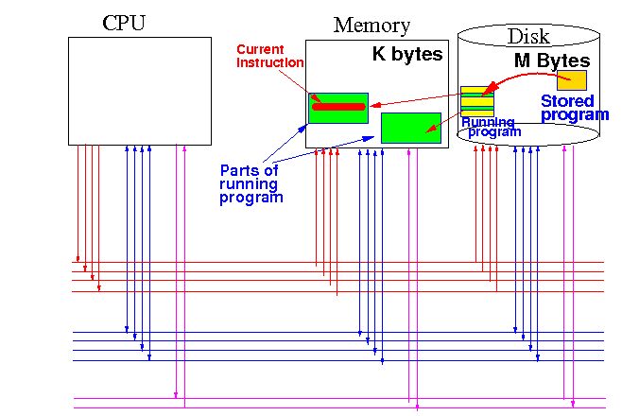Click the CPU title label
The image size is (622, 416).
(x=124, y=23)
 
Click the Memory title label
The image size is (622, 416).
(x=371, y=26)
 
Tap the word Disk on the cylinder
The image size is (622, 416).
(x=528, y=37)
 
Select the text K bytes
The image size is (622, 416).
(x=406, y=55)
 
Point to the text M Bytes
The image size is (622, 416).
(x=551, y=60)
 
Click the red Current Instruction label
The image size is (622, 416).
(x=269, y=56)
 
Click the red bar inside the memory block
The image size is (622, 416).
(x=338, y=106)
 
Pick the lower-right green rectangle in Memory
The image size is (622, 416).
(x=410, y=128)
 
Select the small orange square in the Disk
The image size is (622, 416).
(x=576, y=80)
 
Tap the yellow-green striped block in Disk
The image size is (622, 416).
(x=476, y=101)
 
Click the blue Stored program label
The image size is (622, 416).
(x=573, y=108)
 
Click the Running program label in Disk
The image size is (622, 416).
(x=490, y=127)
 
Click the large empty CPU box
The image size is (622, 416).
(x=140, y=90)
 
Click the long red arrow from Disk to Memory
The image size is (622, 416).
(x=416, y=99)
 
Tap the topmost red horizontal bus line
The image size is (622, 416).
(x=340, y=261)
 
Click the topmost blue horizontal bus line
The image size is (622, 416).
(x=340, y=332)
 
